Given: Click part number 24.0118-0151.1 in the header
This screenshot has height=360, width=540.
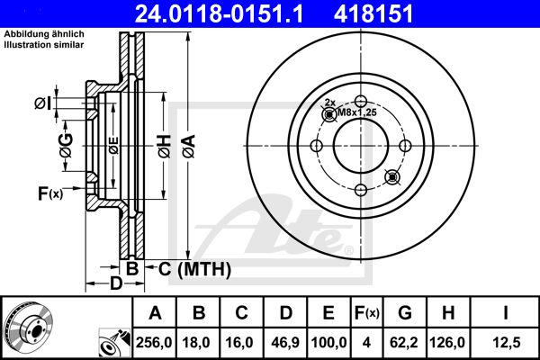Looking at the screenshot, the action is click(x=219, y=13).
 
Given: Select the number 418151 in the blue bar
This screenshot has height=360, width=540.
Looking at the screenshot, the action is click(x=373, y=13).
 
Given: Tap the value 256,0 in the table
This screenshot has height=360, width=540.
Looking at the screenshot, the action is click(x=154, y=342).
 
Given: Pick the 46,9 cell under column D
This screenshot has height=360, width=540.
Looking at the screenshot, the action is click(x=285, y=342).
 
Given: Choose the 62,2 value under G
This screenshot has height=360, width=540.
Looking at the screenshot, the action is click(x=403, y=342).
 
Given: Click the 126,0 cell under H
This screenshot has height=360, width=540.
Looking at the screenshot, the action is click(x=447, y=342).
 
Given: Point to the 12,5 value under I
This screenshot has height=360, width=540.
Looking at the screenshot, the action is click(x=506, y=342).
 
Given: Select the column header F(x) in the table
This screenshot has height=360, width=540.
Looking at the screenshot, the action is click(x=367, y=313).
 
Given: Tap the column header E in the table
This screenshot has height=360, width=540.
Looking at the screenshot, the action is click(x=328, y=313).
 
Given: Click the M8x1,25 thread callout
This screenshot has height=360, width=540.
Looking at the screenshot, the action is click(x=357, y=112).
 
